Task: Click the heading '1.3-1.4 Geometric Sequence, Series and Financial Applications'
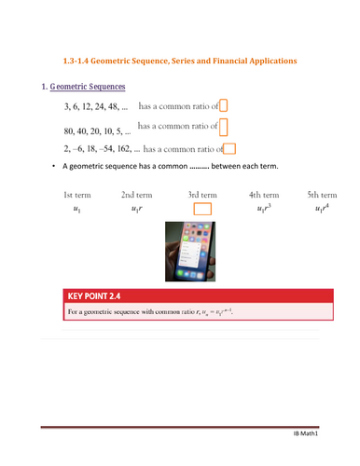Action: [179, 61]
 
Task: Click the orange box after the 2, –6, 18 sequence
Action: [229, 146]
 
